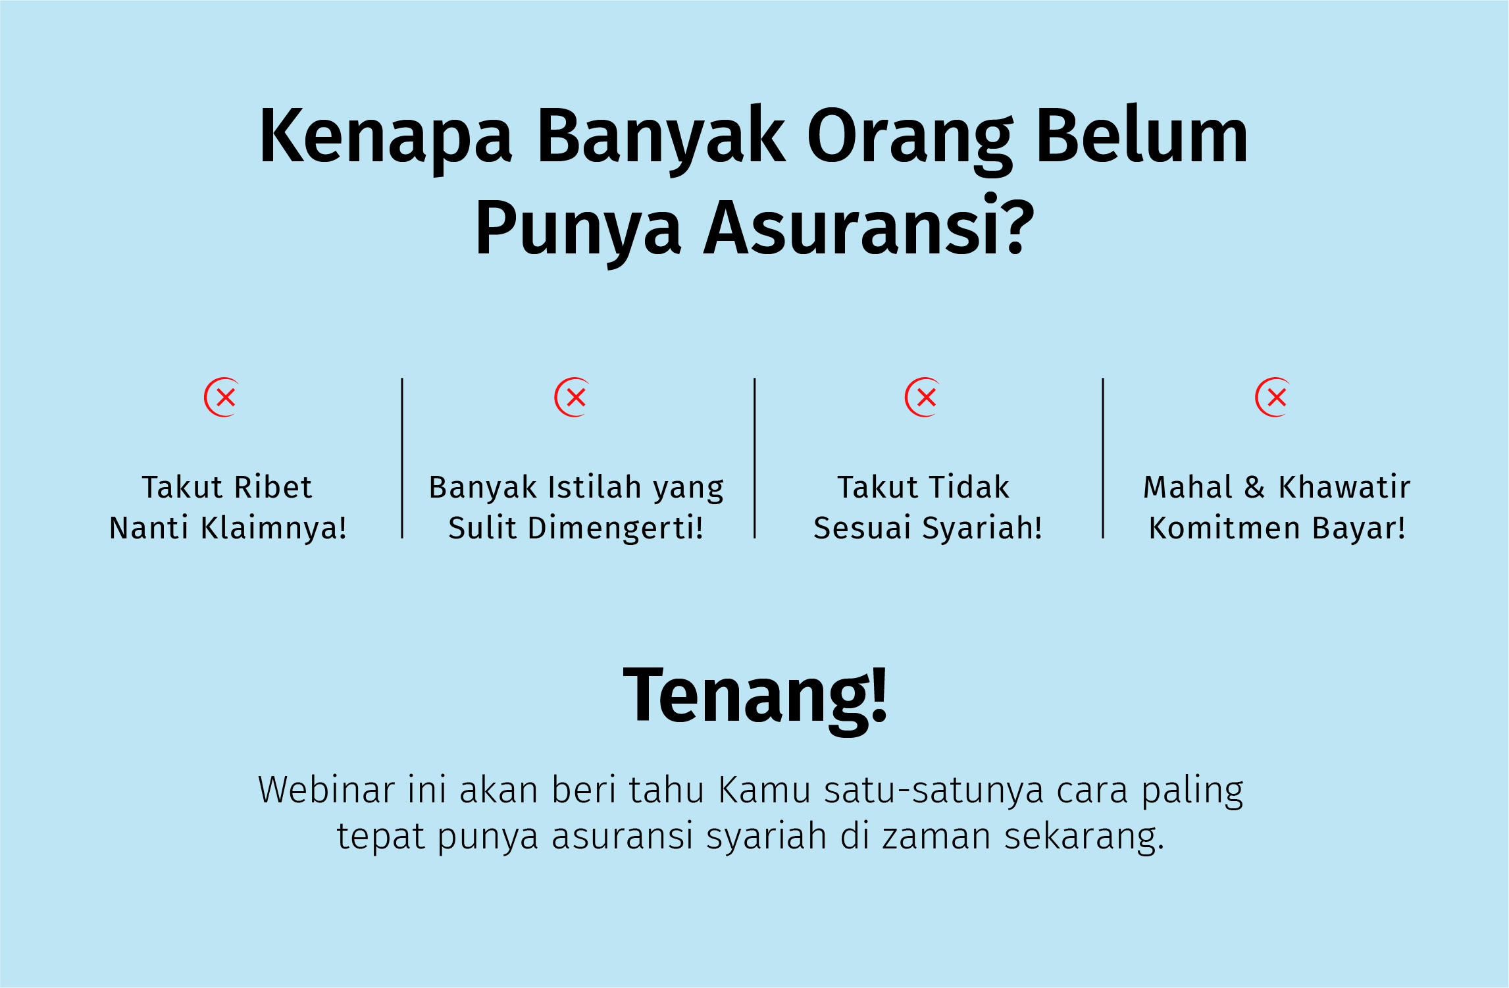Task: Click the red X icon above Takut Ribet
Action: pyautogui.click(x=222, y=398)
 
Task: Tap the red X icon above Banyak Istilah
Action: pyautogui.click(x=572, y=398)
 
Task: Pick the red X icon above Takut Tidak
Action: pyautogui.click(x=923, y=398)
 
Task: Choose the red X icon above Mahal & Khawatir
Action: pyautogui.click(x=1273, y=398)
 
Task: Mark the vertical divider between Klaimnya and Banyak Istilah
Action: pyautogui.click(x=402, y=458)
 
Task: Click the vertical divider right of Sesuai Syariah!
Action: pyautogui.click(x=1103, y=458)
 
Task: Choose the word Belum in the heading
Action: pyautogui.click(x=1142, y=137)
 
